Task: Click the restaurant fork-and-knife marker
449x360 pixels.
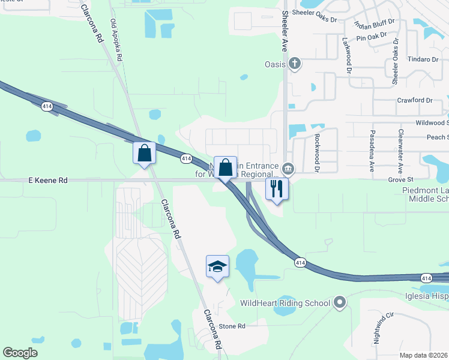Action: [277, 189]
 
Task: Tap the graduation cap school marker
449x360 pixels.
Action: [217, 266]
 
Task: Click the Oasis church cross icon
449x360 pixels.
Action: [294, 63]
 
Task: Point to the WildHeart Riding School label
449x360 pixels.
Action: [286, 303]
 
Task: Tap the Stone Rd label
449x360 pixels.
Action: [232, 326]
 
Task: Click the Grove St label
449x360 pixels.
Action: [400, 179]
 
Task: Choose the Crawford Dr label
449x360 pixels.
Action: [414, 100]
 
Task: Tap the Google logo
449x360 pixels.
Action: [20, 353]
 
